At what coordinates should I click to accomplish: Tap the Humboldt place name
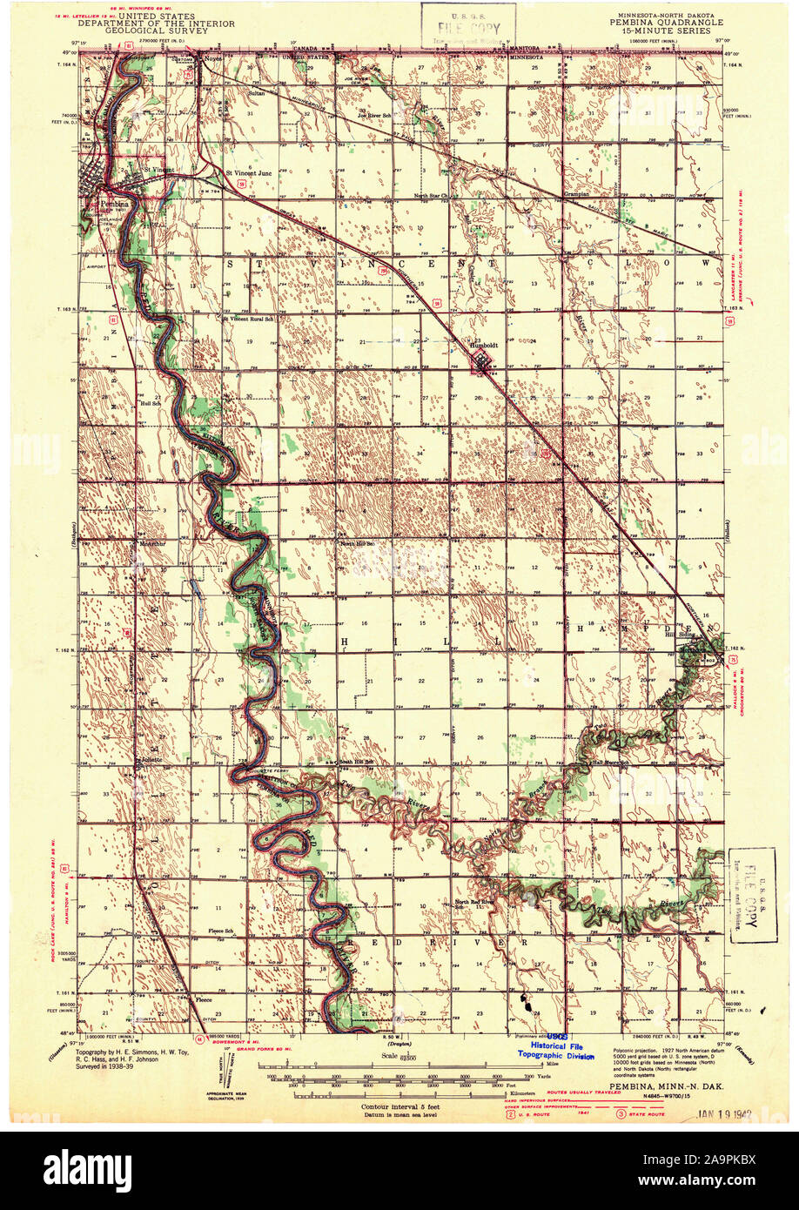(484, 343)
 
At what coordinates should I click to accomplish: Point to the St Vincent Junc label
(249, 172)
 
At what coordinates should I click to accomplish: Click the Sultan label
(232, 91)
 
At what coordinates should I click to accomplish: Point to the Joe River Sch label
(380, 115)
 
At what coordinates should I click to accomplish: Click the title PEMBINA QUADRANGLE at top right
(666, 23)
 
